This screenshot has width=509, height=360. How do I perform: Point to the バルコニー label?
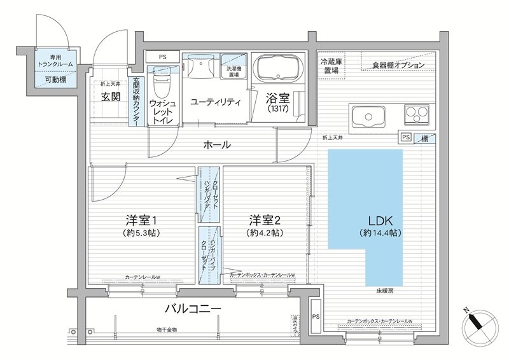tap(193, 309)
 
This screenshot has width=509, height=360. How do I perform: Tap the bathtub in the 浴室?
tap(280, 68)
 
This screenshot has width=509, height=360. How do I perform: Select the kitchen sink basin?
tap(367, 116)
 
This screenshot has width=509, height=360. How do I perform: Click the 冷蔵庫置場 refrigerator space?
tap(331, 66)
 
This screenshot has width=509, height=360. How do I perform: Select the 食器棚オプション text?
tap(398, 66)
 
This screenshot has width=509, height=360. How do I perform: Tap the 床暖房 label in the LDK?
tap(384, 290)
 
